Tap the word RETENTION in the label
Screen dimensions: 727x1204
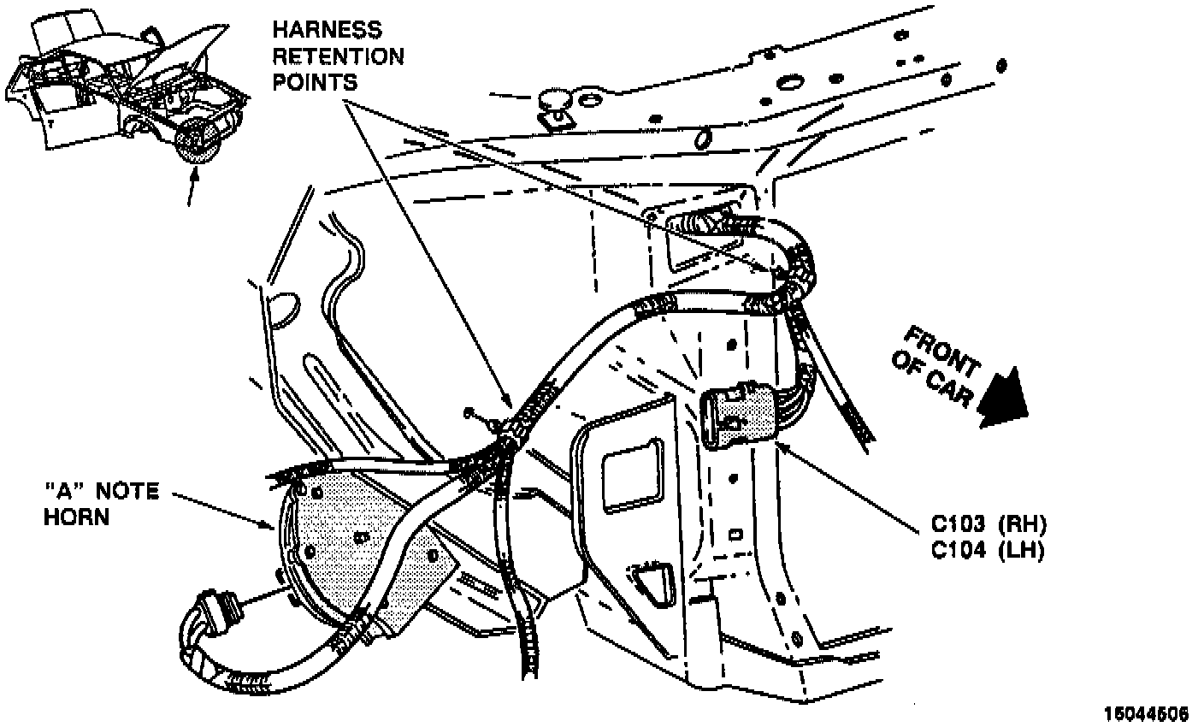(x=338, y=56)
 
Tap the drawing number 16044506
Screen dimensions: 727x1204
(x=1146, y=712)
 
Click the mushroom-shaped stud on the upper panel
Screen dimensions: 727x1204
(x=555, y=106)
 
